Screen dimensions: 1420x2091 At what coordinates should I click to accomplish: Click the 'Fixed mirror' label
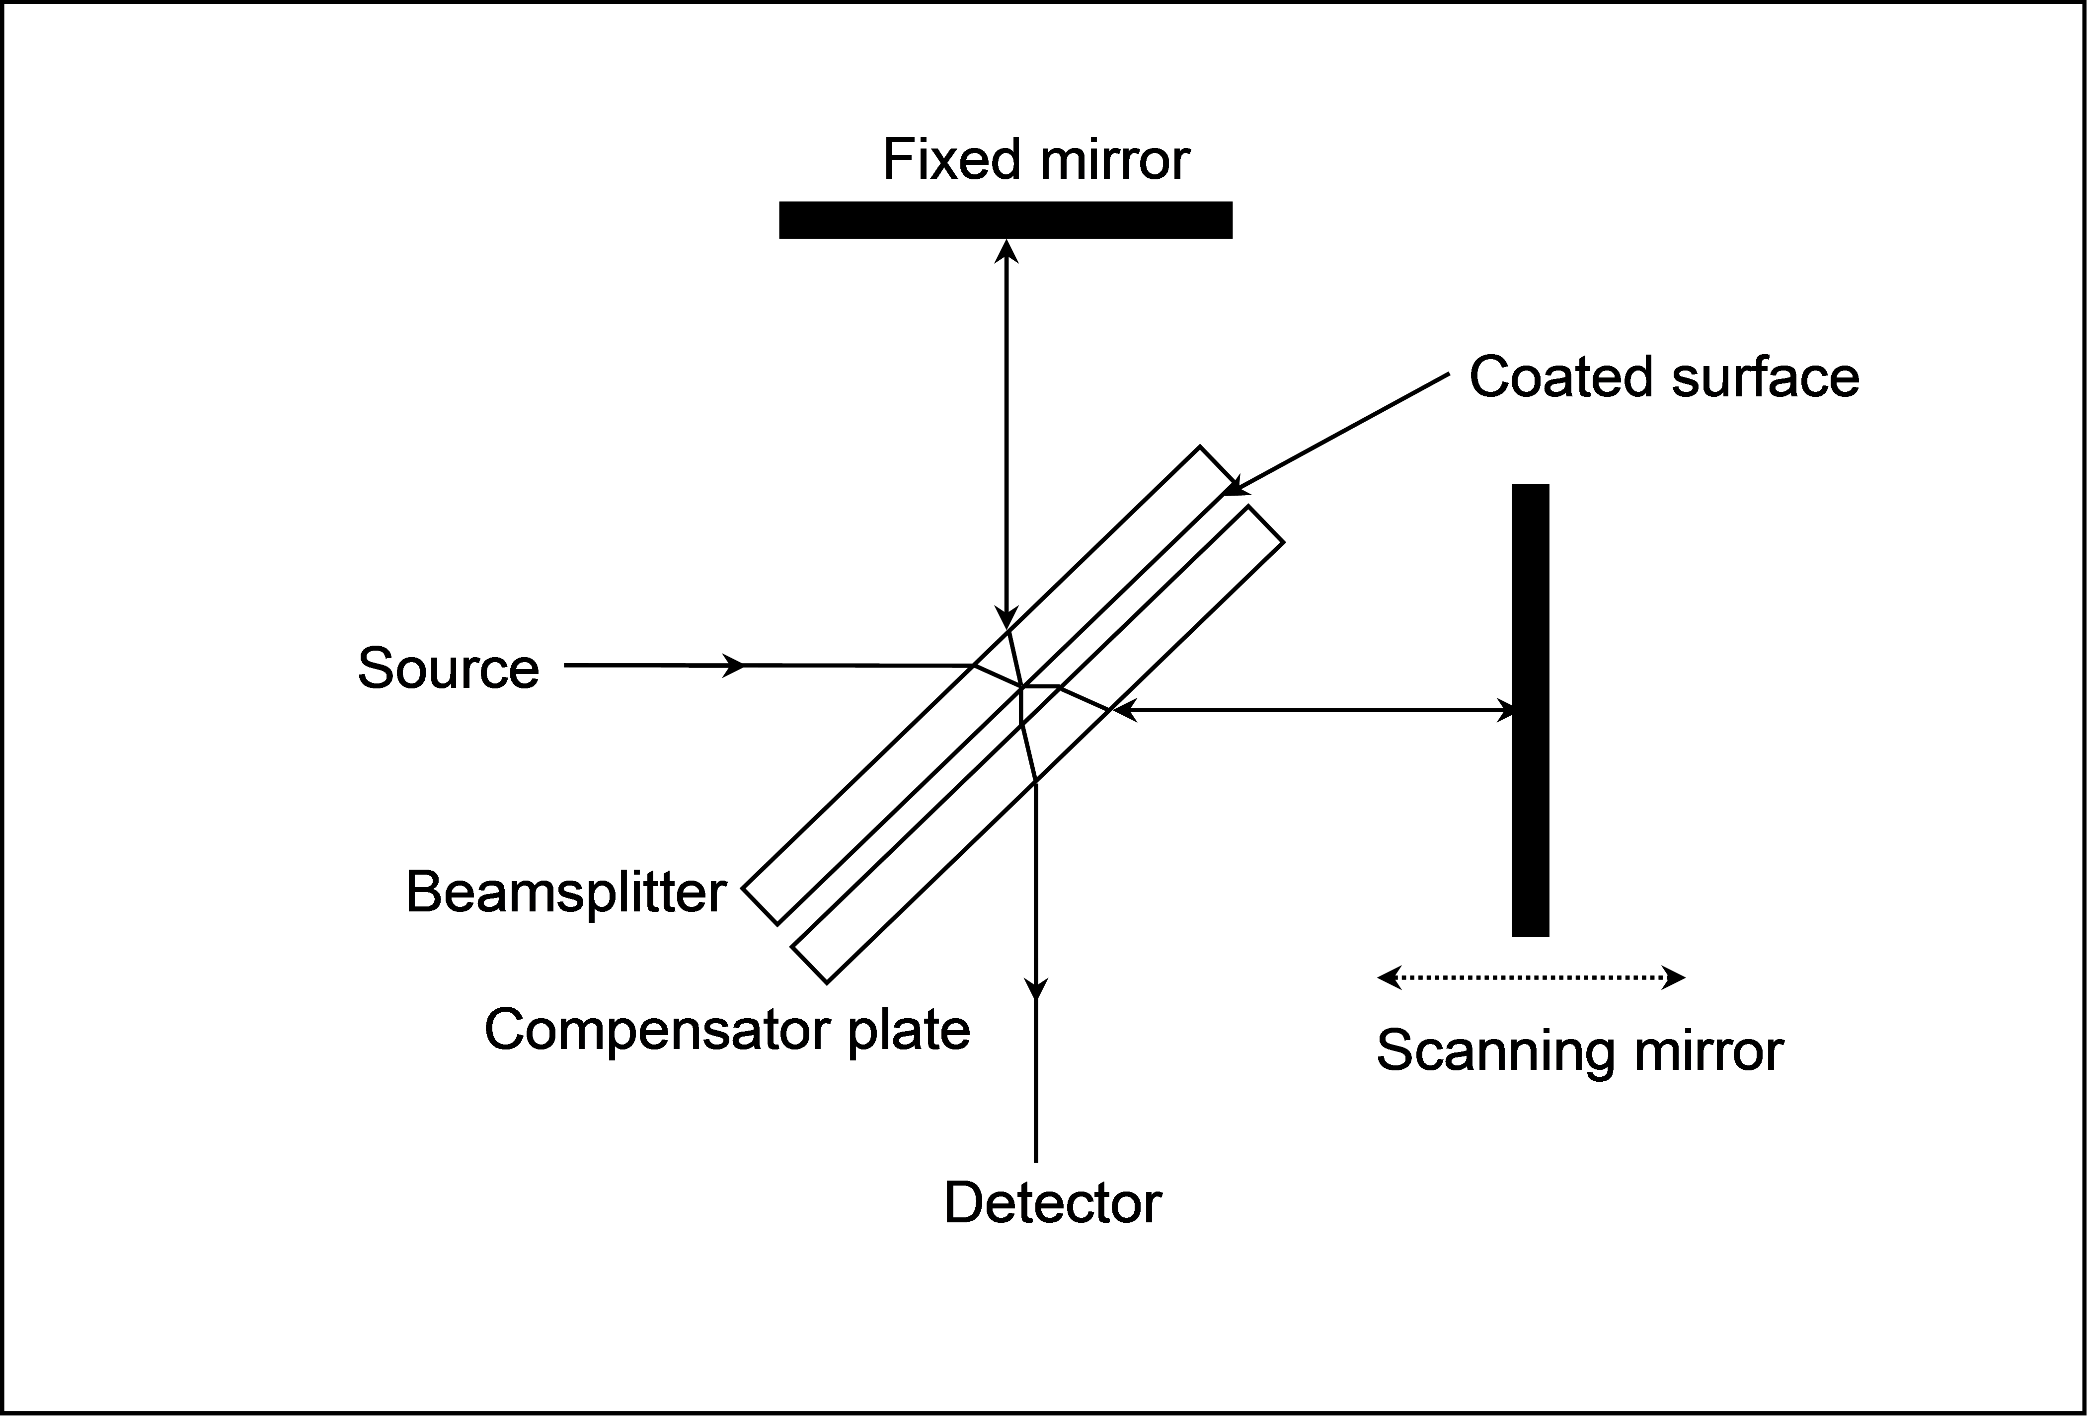1036,160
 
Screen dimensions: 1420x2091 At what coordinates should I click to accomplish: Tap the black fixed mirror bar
1005,221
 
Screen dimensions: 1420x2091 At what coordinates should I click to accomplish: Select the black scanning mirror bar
1530,710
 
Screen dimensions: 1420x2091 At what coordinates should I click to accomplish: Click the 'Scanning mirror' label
1579,1050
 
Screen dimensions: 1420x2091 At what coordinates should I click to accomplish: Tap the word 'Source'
448,668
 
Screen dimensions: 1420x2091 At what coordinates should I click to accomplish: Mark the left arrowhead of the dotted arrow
1389,977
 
